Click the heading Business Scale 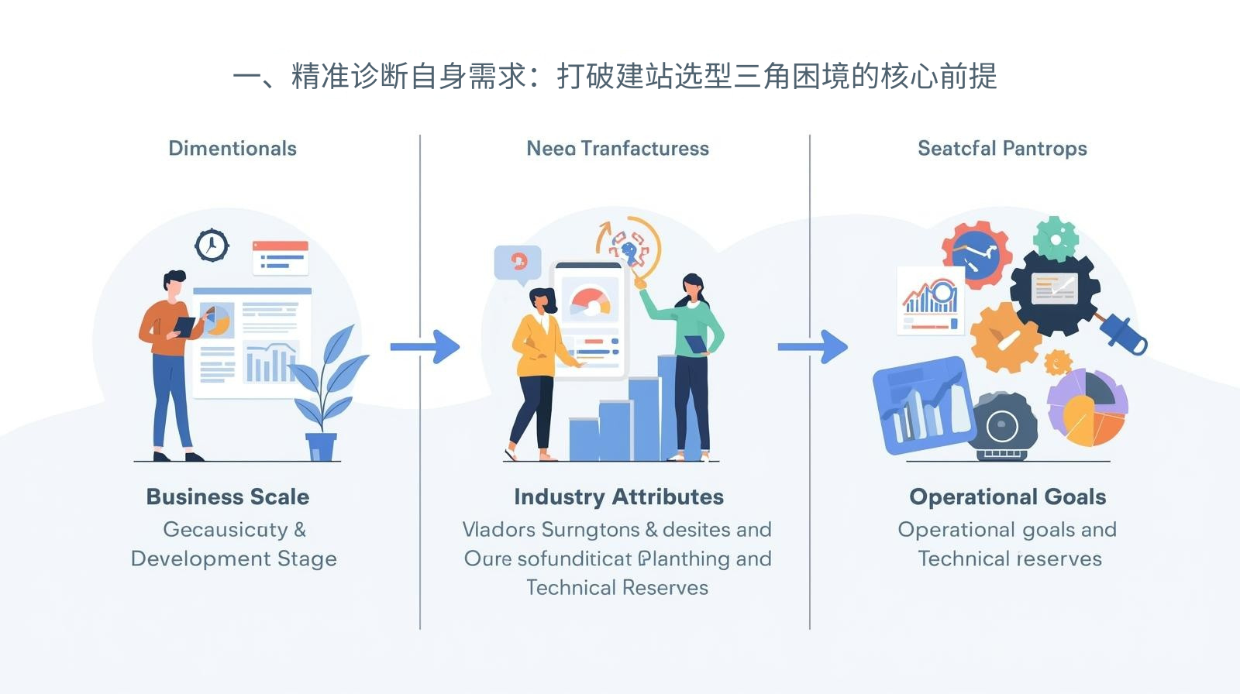pos(228,496)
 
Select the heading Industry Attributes pos(618,496)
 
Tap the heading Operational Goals pos(1007,496)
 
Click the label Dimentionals pos(232,148)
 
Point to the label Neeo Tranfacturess pos(618,148)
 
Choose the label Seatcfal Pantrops pos(1002,148)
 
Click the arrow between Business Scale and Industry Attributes pos(425,347)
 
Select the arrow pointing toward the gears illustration pos(813,347)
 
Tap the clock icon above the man pos(212,246)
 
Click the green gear pos(1056,238)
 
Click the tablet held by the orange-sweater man pos(184,326)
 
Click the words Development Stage pos(234,558)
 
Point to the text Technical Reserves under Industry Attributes pos(618,587)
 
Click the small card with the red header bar pos(281,257)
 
